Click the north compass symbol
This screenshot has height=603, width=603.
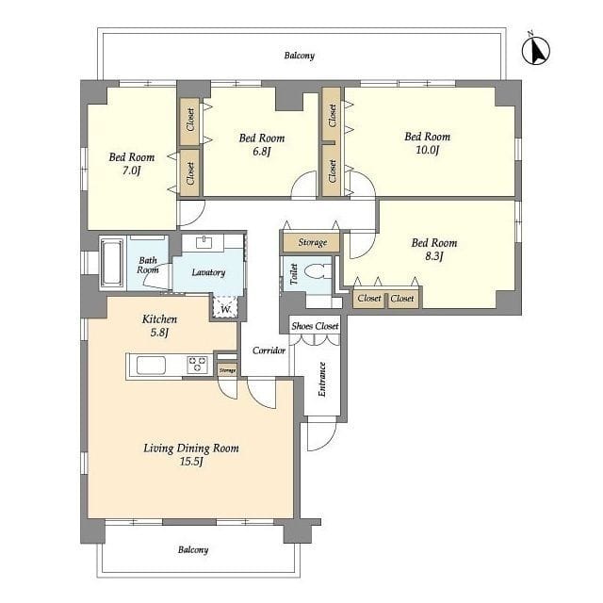536,50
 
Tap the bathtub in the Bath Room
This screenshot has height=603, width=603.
112,263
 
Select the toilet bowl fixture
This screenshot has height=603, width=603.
317,271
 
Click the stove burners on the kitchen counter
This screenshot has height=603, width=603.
197,365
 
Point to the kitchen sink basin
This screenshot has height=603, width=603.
151,365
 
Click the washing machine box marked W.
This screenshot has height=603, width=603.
226,307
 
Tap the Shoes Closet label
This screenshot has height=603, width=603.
315,326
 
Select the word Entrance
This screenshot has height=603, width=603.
322,379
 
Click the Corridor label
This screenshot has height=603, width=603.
269,350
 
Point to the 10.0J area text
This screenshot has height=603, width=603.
427,150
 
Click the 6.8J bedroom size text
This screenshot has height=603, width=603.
262,151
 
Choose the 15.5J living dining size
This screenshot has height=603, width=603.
191,461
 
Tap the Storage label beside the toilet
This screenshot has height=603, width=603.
313,242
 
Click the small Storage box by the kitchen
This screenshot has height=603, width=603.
227,370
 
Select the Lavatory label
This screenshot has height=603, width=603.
208,272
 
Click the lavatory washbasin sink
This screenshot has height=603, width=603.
204,243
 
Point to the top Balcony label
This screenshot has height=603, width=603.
300,56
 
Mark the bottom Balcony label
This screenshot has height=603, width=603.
193,549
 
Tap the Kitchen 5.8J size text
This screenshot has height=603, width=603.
159,332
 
